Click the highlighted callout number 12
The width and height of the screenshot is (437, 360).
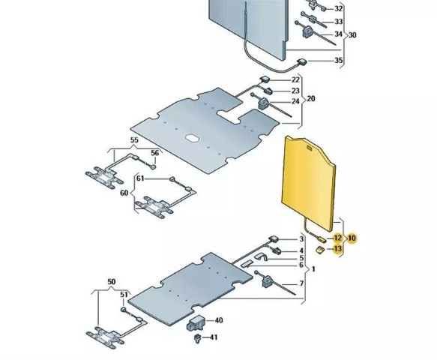pos(337,238)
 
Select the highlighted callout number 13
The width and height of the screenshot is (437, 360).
pos(337,248)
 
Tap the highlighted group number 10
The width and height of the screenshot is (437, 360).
pos(352,238)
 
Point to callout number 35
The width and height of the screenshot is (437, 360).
pos(339,60)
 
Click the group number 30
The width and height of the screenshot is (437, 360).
pos(352,35)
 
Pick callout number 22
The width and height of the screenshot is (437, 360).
pos(295,80)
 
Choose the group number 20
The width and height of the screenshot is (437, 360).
pos(311,99)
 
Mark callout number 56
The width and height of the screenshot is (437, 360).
pos(155,153)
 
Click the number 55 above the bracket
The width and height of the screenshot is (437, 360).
pos(134,140)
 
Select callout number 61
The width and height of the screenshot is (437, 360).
pos(140,178)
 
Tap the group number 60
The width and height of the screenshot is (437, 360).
pos(124,193)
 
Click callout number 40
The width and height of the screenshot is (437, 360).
pos(219,320)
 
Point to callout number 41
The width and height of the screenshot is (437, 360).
pos(214,337)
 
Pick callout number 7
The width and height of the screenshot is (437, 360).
pos(301,283)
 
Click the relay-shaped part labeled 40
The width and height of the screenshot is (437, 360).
pos(196,323)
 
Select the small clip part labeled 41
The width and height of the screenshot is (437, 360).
pos(198,338)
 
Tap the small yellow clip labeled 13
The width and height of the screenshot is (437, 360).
pos(319,249)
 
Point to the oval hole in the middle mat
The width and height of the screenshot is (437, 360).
pos(192,138)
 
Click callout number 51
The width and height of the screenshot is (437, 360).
pos(124,295)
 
